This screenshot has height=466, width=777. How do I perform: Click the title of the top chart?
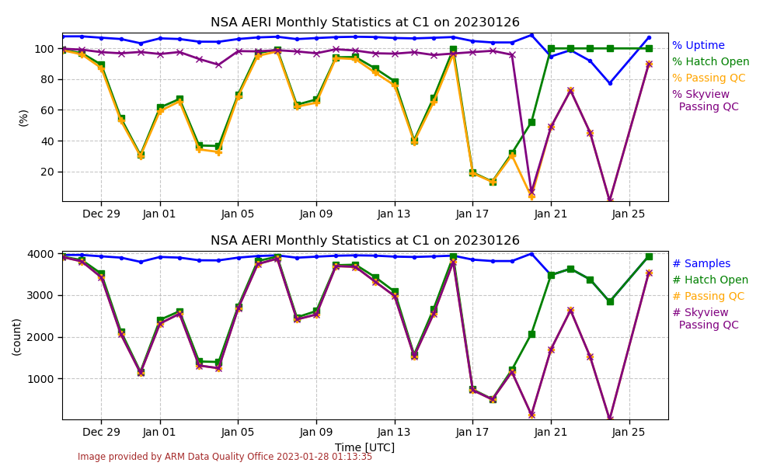[x=365, y=23]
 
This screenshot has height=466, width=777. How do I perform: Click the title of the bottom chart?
[x=365, y=241]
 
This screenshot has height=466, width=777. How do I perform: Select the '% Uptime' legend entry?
[x=698, y=46]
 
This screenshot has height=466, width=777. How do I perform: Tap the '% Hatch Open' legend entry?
[x=710, y=62]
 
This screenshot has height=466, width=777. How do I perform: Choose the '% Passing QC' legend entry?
[x=709, y=78]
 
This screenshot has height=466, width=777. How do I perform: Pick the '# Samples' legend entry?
[x=701, y=264]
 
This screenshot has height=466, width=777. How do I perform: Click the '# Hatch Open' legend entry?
[x=709, y=280]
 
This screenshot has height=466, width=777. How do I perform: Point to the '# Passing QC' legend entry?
[x=708, y=297]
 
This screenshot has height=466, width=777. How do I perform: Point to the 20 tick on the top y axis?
[x=48, y=172]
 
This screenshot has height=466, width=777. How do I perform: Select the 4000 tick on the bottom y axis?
[x=41, y=254]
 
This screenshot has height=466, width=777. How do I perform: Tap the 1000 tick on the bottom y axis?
[x=41, y=379]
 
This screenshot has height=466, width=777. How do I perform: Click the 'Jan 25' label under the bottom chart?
[x=629, y=432]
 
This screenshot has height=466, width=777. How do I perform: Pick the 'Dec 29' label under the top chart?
[x=101, y=214]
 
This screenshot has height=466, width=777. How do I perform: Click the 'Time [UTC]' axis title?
[x=364, y=447]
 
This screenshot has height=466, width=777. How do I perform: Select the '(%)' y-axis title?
[x=23, y=117]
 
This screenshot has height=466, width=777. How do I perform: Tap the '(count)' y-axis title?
[x=17, y=336]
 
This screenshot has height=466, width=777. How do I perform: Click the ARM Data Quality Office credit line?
[x=225, y=457]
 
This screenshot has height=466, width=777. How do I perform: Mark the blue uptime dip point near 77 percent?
[x=610, y=83]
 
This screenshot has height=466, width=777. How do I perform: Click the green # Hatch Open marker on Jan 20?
[x=531, y=334]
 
